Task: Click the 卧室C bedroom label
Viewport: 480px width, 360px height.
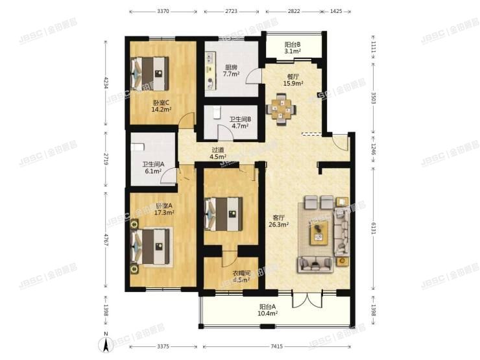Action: [x=161, y=106]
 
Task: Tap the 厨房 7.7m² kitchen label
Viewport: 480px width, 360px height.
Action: [x=232, y=71]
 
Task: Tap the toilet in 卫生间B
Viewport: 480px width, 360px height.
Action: [x=216, y=114]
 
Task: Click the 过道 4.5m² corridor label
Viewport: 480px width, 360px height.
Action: [x=219, y=153]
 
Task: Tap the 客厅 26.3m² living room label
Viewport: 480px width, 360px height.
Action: [x=278, y=221]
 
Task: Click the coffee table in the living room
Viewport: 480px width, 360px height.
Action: [x=319, y=232]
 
